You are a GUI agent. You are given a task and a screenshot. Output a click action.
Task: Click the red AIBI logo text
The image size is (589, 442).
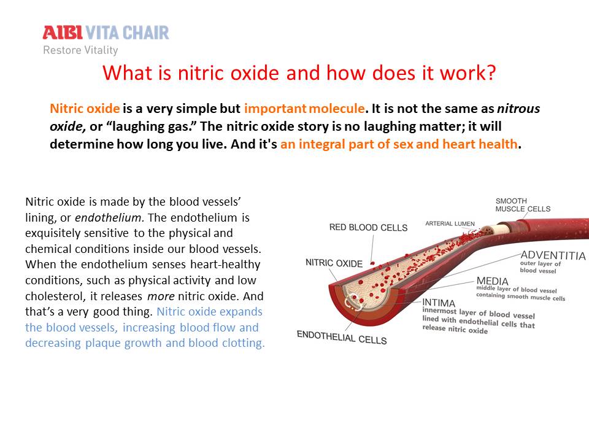pos(63,33)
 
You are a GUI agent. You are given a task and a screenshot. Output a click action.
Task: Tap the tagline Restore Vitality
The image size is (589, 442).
pos(80,50)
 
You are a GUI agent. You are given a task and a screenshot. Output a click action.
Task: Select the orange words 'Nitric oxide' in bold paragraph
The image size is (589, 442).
pos(85,109)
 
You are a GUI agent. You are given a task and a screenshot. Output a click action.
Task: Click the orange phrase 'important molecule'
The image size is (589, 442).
pos(304,109)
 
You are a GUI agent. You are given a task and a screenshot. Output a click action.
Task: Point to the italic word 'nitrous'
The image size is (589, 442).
pos(519,109)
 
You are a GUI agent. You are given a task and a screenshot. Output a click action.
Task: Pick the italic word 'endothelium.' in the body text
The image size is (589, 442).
pos(110,217)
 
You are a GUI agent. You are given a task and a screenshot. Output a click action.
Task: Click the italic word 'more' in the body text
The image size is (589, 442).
pos(161,297)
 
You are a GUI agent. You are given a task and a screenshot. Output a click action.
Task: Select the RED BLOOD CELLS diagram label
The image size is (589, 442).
pos(368,228)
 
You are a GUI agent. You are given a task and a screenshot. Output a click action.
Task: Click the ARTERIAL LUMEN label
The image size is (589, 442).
pos(450,223)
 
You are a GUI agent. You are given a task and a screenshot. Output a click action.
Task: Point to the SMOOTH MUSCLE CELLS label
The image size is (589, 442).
pos(523,205)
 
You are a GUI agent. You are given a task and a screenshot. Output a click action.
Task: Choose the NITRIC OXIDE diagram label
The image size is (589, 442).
pos(334,263)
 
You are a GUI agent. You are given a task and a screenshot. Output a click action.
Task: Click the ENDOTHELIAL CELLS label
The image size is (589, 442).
pos(342,338)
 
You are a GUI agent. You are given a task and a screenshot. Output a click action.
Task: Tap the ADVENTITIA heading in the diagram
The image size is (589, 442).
pos(553,255)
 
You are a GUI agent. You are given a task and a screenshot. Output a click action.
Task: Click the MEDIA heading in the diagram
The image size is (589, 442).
pos(493,281)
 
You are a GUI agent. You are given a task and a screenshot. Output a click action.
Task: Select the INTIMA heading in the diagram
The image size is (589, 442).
pos(439,303)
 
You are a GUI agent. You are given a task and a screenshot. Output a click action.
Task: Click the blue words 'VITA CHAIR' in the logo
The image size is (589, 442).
pos(128,33)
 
